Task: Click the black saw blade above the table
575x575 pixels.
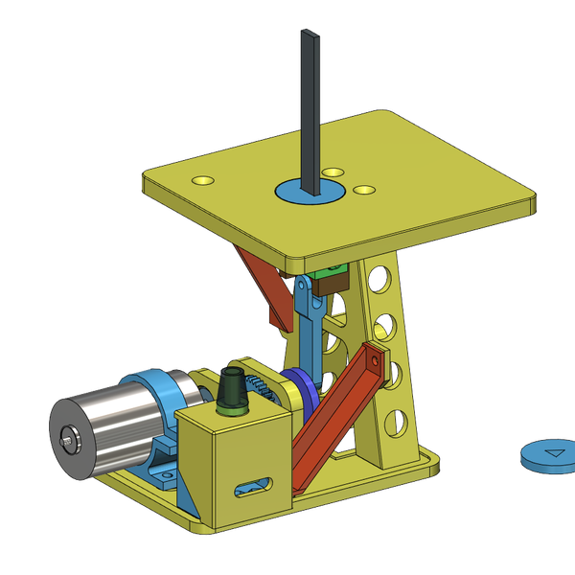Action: tap(311, 105)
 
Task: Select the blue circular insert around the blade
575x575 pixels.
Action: tap(291, 191)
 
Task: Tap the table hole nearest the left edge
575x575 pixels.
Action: tap(203, 179)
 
